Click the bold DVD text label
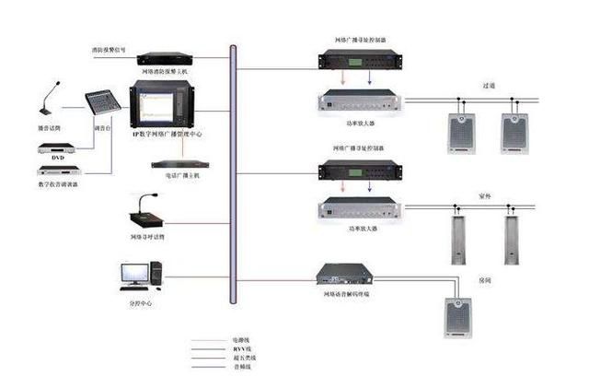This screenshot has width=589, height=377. pyautogui.click(x=58, y=158)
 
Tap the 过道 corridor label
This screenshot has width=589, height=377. pyautogui.click(x=489, y=85)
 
